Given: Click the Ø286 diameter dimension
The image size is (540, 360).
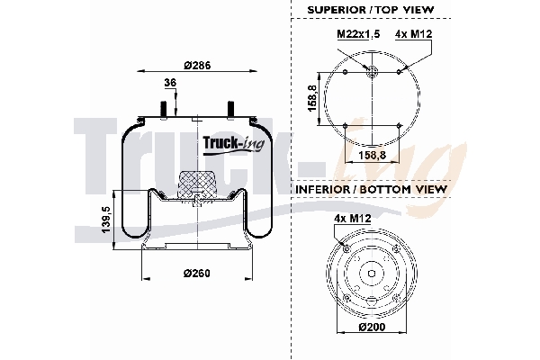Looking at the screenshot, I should (198, 65).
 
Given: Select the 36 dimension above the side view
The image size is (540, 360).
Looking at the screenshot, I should (170, 84).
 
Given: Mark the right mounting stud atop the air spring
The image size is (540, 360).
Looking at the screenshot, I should (229, 108).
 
